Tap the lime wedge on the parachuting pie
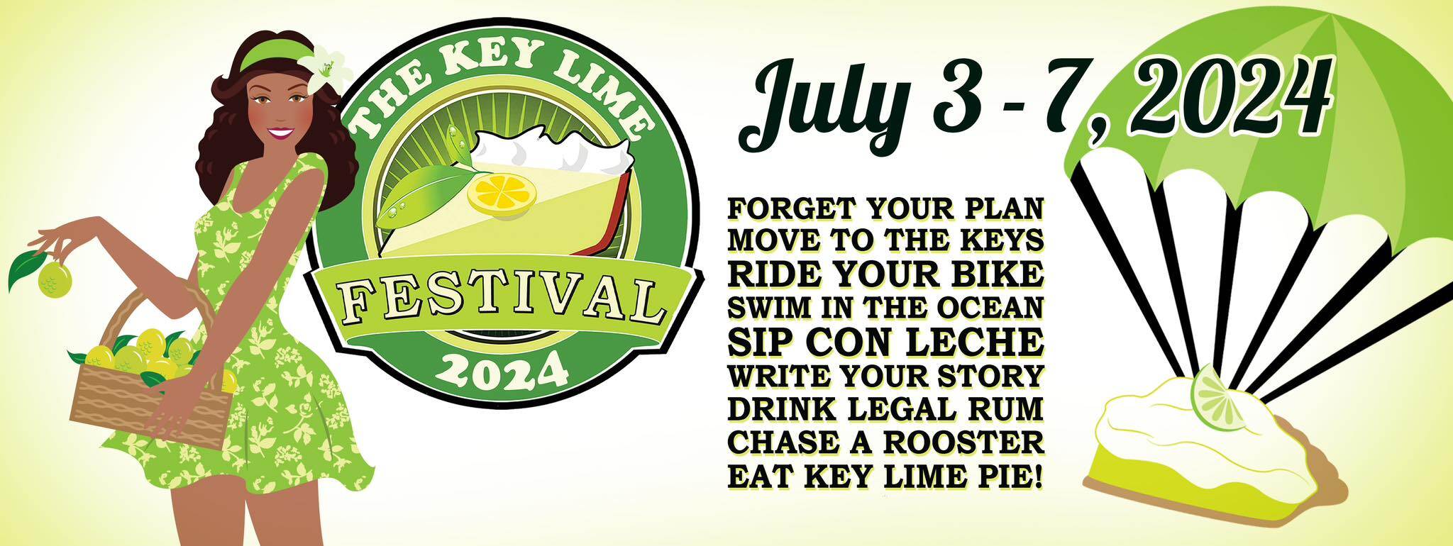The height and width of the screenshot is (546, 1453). [x=1219, y=397]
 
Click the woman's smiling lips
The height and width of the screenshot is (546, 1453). [x=281, y=133]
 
